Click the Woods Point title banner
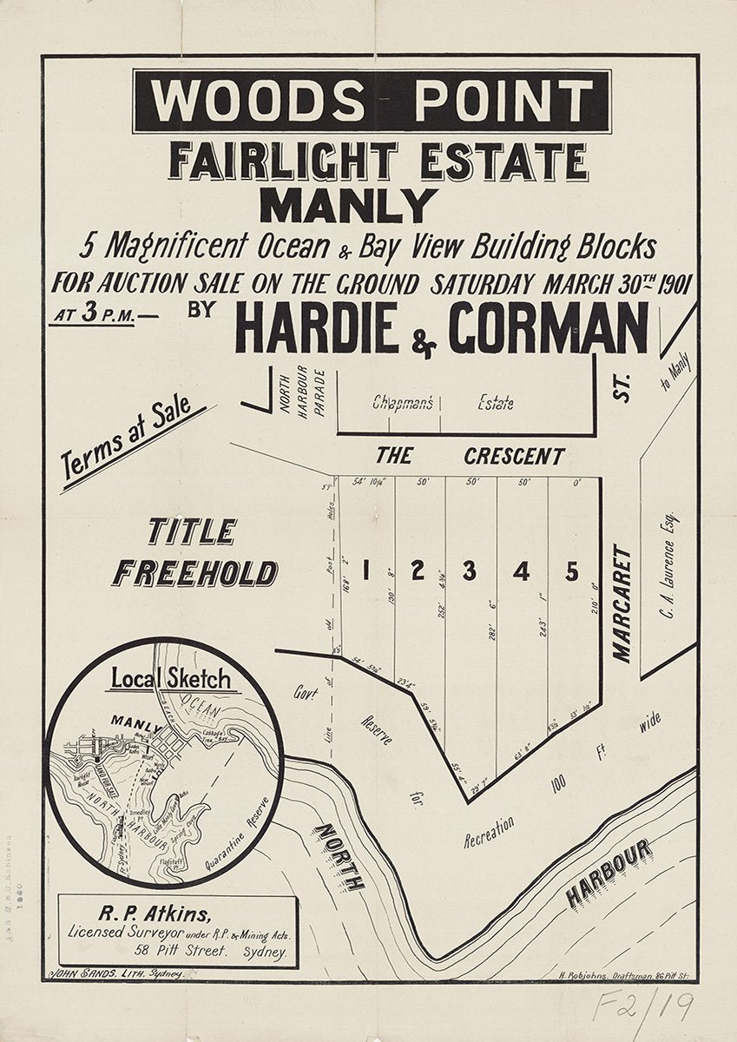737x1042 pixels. pos(372,101)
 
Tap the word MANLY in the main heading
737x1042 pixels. pos(349,206)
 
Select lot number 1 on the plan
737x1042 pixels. pos(365,570)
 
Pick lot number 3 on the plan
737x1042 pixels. pos(469,570)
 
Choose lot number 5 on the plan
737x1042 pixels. pos(571,571)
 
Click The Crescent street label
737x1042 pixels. pos(470,456)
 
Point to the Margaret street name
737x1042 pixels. pos(622,603)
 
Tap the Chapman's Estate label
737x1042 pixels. pos(443,403)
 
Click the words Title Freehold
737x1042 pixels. pos(195,553)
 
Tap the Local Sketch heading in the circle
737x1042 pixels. pos(170,677)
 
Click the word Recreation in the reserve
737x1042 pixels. pos(489,830)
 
